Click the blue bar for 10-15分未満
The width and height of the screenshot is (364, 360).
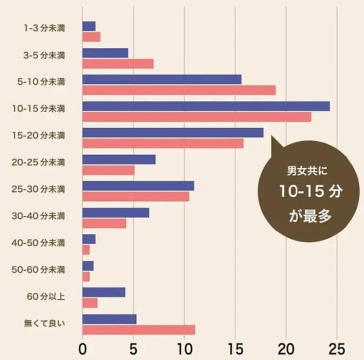pos(206,106)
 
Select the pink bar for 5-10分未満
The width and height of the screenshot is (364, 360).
pos(179,90)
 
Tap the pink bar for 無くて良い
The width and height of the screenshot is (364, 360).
pos(139,330)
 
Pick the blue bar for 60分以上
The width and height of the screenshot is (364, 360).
pos(104,292)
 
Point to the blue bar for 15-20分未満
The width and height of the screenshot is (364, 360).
pos(173,133)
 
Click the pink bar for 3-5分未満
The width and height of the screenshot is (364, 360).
pos(118,64)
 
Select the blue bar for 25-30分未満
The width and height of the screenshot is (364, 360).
pos(138,186)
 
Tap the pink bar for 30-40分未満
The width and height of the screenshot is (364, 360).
pos(104,224)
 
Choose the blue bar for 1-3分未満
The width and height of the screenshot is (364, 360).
pos(89,26)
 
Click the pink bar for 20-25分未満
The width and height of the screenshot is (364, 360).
pos(108,170)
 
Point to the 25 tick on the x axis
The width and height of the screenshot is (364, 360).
pos(337,350)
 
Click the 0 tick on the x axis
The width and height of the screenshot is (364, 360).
pos(82,350)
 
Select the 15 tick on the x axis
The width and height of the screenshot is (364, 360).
pos(235,350)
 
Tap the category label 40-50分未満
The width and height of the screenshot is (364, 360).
pos(38,243)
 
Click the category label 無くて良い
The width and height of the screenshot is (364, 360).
pos(45,324)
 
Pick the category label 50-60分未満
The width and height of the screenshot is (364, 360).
pos(38,270)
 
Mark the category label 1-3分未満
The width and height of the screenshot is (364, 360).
pos(44,28)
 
